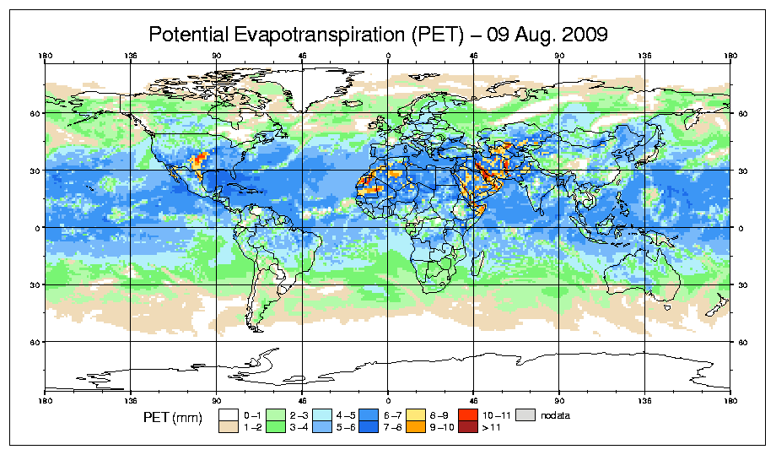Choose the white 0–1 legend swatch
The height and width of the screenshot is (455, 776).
229,414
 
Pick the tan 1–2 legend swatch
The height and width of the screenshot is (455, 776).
229,428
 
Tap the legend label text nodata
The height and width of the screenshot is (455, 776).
558,415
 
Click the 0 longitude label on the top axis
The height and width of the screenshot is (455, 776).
389,57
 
